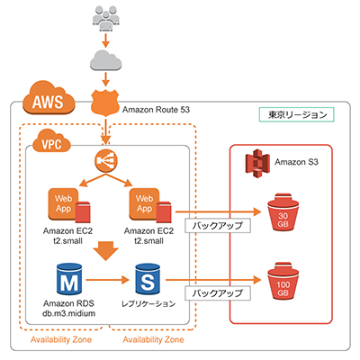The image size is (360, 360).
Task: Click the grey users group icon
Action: [x=107, y=17]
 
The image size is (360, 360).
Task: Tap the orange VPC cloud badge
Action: [x=50, y=143]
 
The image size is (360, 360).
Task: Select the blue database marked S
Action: [x=146, y=276]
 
